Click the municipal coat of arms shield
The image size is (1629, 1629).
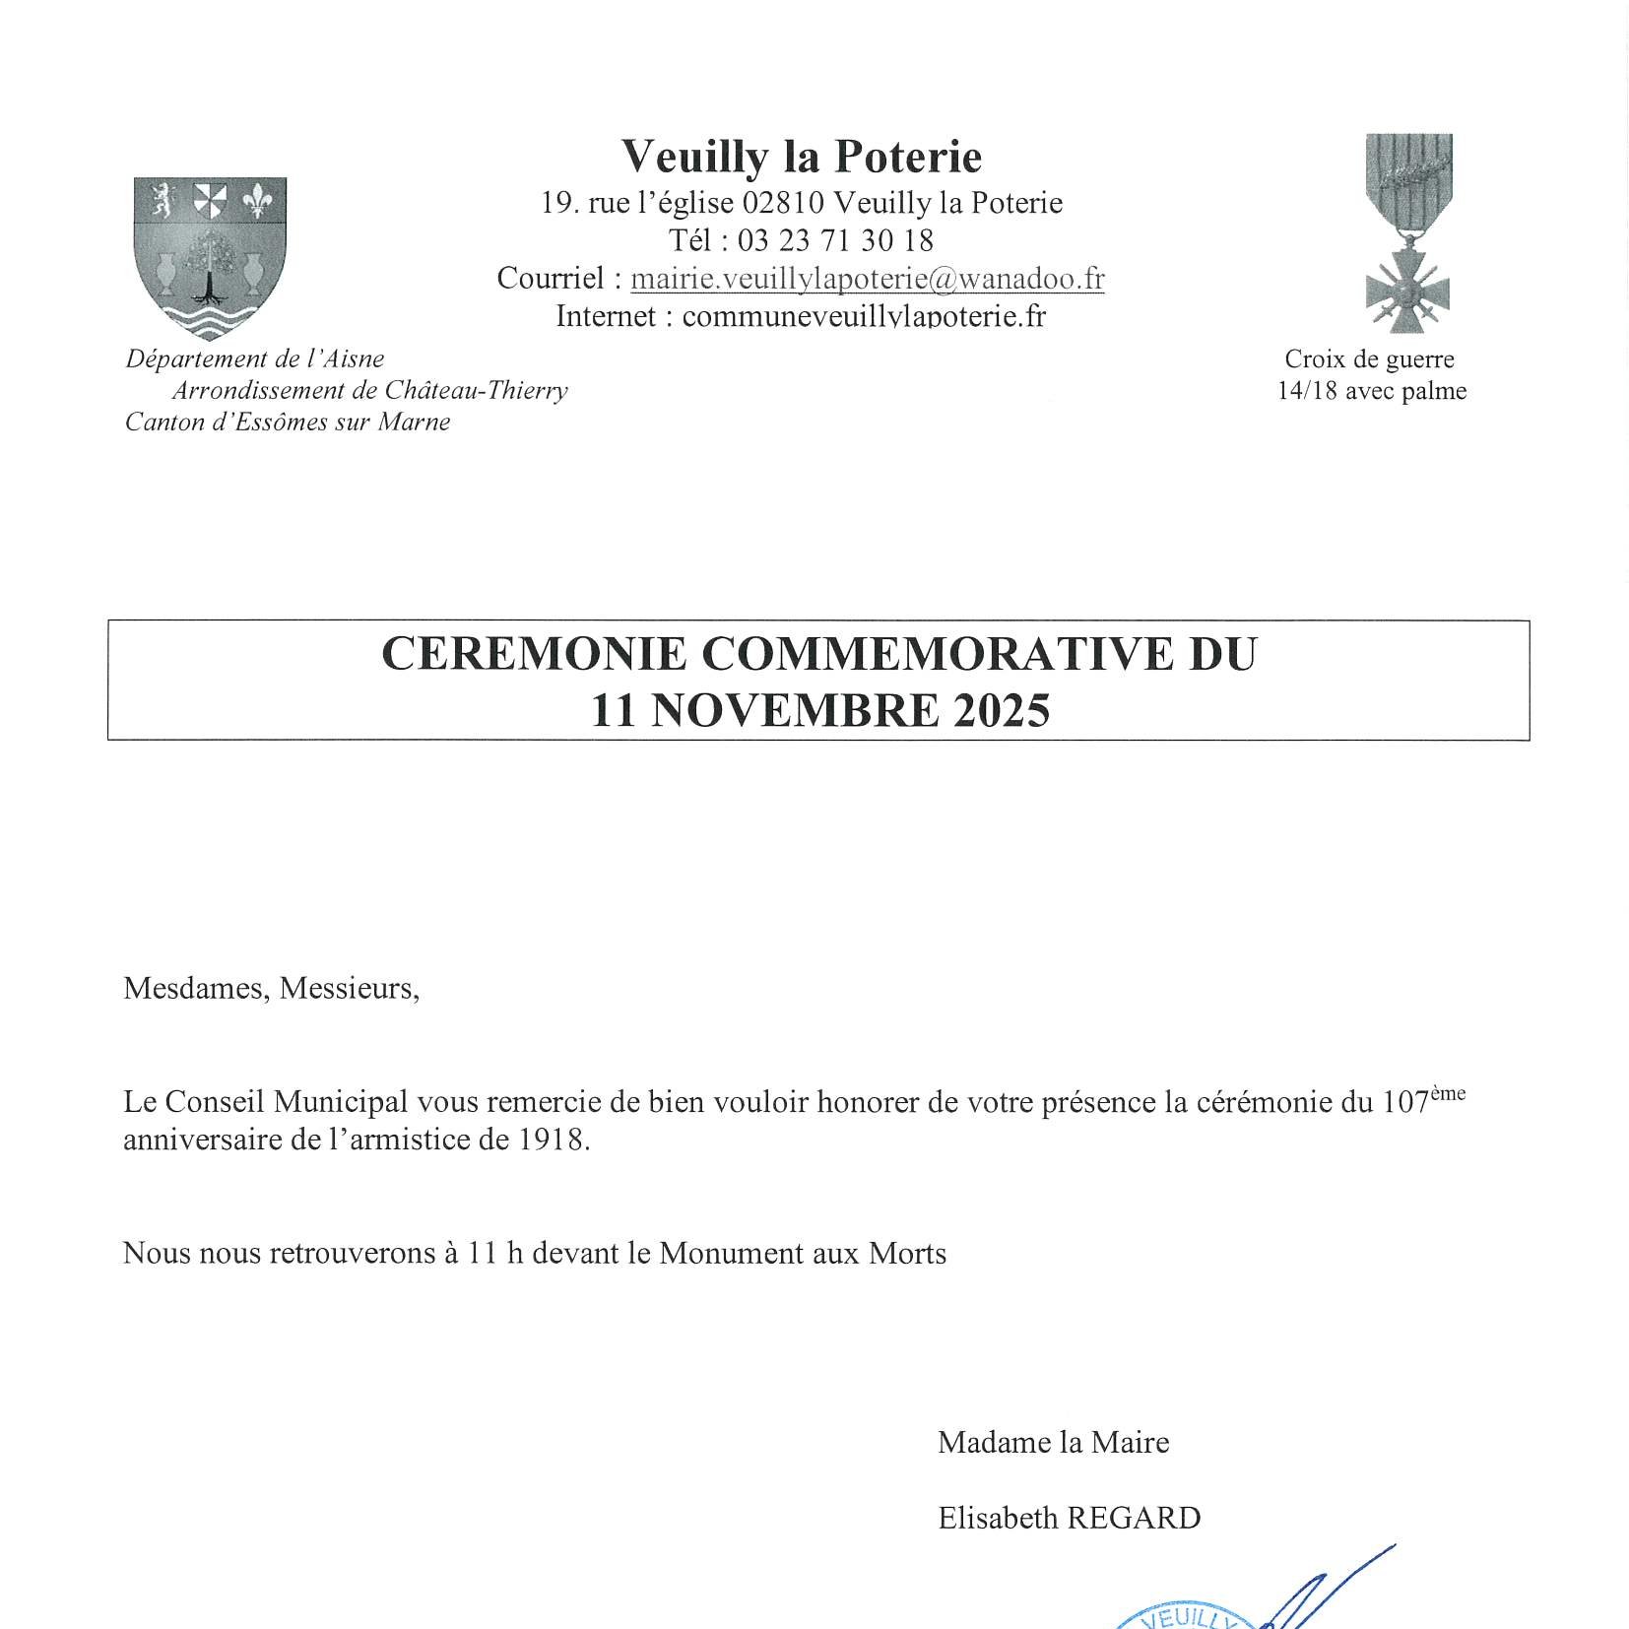click(210, 257)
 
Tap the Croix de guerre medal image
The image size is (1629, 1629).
click(1408, 233)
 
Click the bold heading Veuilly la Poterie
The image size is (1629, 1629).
click(802, 157)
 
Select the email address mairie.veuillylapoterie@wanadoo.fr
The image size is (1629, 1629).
click(867, 279)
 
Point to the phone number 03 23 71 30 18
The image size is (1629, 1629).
click(835, 240)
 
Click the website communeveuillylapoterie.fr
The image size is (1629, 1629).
click(863, 316)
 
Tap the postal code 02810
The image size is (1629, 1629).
click(783, 203)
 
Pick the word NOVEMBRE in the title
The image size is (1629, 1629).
click(795, 710)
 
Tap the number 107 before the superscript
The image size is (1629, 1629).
click(1403, 1102)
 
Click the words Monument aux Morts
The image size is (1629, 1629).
click(803, 1254)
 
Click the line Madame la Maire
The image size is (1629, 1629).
click(1053, 1442)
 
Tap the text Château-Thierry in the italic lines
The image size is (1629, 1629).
click(476, 391)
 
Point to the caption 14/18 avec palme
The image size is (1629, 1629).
click(1371, 391)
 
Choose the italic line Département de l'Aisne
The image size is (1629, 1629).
click(254, 358)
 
